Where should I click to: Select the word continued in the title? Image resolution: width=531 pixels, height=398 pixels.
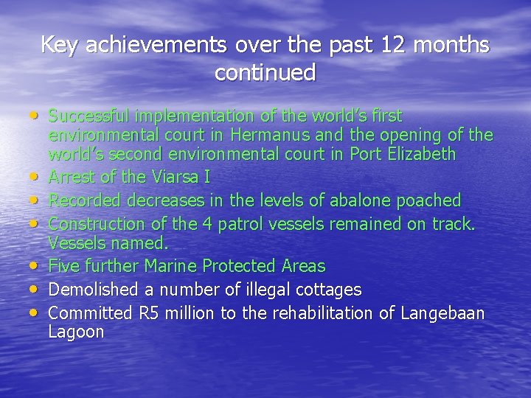click(x=265, y=72)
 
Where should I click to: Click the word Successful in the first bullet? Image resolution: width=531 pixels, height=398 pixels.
click(x=90, y=116)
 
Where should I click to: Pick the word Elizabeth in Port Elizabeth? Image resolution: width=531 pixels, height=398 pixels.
click(x=420, y=155)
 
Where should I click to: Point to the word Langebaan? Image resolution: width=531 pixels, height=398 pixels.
click(x=442, y=313)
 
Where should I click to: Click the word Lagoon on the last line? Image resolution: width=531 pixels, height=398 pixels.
click(x=76, y=332)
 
